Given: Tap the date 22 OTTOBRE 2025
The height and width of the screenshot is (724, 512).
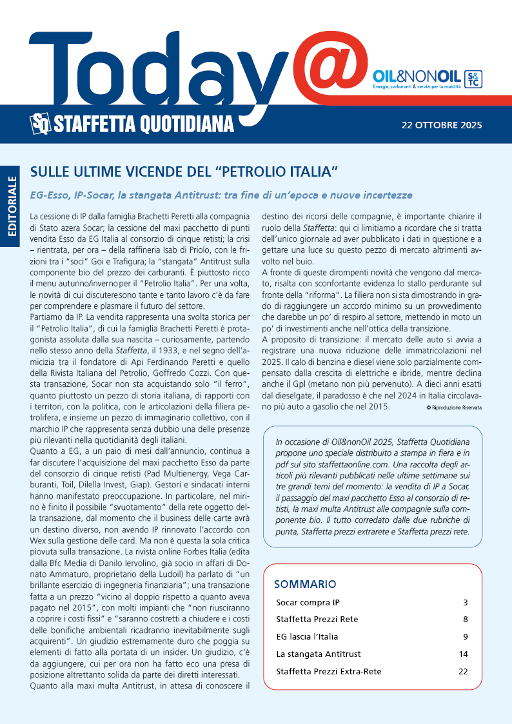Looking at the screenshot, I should [x=441, y=125].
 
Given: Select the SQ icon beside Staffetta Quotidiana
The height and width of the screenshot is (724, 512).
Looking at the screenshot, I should [x=40, y=122].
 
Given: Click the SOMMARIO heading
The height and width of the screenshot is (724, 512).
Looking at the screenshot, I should [x=305, y=584].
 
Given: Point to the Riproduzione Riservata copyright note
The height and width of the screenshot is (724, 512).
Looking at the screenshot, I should [x=454, y=408].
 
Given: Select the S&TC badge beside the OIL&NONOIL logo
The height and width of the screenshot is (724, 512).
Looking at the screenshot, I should [x=473, y=79].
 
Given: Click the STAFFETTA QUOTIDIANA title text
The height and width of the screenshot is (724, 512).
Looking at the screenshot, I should [x=143, y=122].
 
